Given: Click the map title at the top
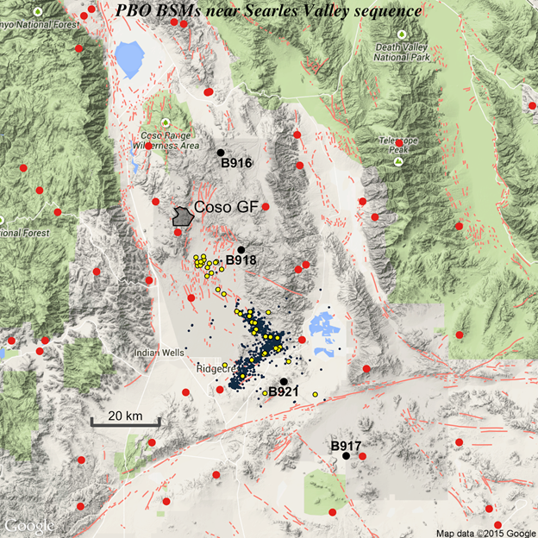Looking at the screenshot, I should (269, 12).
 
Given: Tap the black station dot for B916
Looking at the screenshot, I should (221, 152).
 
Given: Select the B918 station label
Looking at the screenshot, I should (242, 260).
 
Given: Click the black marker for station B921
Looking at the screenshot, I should (284, 382).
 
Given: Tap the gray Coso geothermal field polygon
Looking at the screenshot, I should (181, 216).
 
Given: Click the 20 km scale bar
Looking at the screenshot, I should (125, 421).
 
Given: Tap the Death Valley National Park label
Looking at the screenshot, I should (402, 52).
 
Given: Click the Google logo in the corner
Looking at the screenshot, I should (29, 525).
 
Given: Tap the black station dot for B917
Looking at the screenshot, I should (346, 455).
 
